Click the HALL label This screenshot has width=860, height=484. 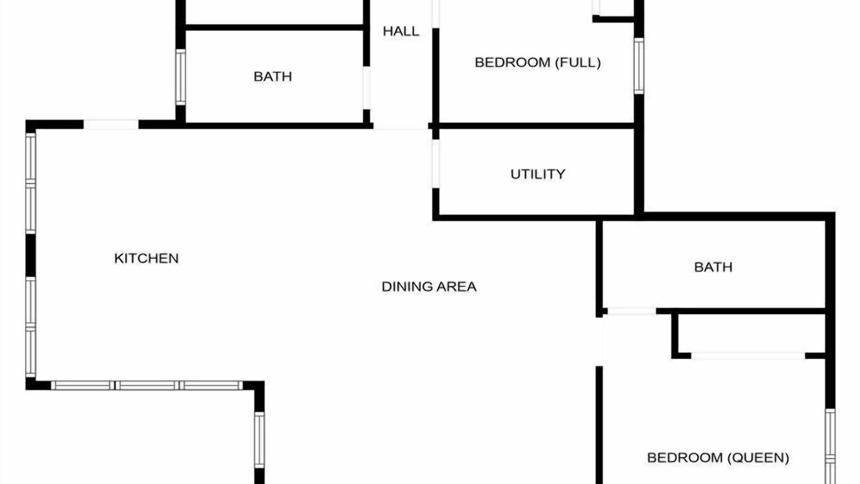click(401, 31)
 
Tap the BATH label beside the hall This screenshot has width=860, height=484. click(273, 77)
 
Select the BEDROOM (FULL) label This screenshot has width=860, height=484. click(537, 63)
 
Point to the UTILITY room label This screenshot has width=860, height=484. click(537, 174)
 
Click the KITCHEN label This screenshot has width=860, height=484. click(146, 258)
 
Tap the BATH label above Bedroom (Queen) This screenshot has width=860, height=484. click(713, 267)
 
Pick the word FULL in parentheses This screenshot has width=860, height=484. click(578, 63)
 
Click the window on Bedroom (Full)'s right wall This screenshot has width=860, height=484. click(639, 66)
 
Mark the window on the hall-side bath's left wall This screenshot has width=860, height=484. click(181, 77)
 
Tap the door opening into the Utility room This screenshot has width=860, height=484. click(436, 163)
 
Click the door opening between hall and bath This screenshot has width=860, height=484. click(367, 88)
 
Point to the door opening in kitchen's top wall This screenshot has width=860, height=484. click(111, 124)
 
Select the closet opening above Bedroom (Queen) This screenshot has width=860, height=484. click(748, 356)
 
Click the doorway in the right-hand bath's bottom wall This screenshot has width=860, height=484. click(632, 311)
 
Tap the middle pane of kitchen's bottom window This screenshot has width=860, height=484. click(147, 385)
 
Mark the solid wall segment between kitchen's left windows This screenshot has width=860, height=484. click(31, 255)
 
